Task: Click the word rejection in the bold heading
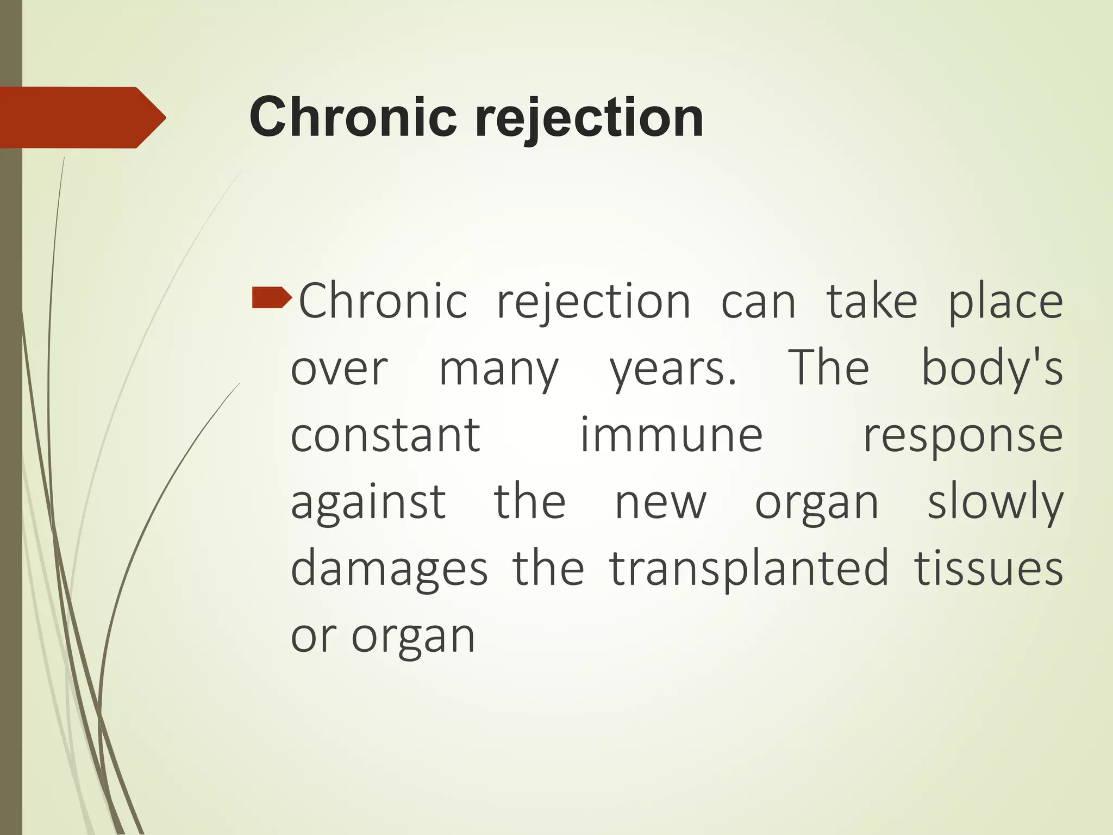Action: tap(589, 117)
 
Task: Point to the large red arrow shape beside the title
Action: tap(82, 117)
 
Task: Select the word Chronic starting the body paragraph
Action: tap(383, 302)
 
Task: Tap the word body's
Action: tap(992, 369)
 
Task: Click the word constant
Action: tap(385, 436)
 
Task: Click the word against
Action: tap(368, 503)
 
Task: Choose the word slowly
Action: tap(995, 503)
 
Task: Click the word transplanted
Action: tap(749, 570)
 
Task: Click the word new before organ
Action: tap(660, 503)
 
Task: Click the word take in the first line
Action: tap(872, 302)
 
